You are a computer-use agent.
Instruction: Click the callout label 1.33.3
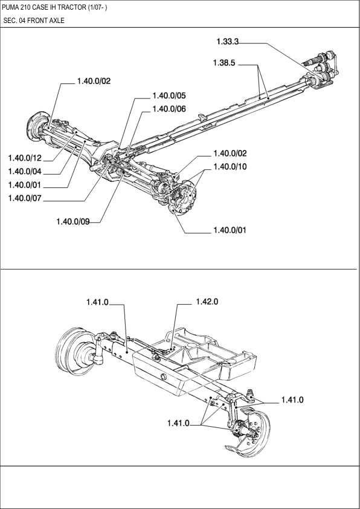point(227,42)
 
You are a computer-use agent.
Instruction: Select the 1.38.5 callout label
point(224,63)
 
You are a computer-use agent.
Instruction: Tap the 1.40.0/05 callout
point(169,96)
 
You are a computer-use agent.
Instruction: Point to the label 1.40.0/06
point(169,109)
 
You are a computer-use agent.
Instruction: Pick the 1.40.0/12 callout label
point(25,158)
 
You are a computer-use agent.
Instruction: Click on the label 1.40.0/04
point(25,172)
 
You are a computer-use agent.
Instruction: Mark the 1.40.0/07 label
point(25,198)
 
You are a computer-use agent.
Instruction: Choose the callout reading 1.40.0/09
point(73,221)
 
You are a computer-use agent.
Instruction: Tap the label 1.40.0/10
point(230,167)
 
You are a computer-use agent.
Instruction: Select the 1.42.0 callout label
point(207,302)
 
